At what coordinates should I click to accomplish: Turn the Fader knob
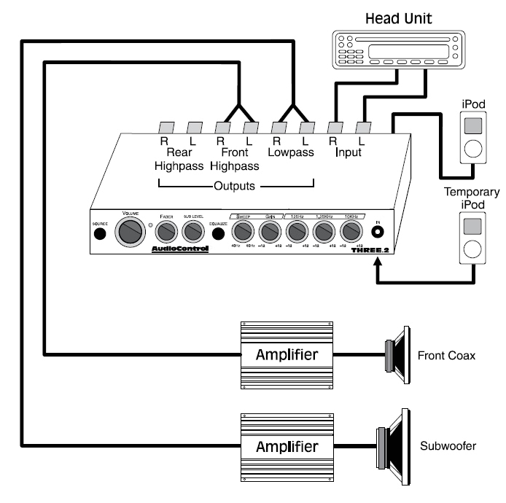click(167, 232)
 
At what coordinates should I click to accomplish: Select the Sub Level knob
click(192, 232)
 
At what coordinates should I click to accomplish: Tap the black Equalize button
click(218, 234)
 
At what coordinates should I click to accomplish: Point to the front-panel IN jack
click(378, 233)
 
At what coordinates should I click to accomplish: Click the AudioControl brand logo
click(179, 249)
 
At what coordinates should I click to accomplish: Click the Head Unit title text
click(396, 18)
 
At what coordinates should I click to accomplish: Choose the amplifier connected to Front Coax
click(286, 355)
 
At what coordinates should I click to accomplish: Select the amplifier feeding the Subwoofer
click(286, 445)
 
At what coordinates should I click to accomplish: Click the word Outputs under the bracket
click(235, 186)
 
